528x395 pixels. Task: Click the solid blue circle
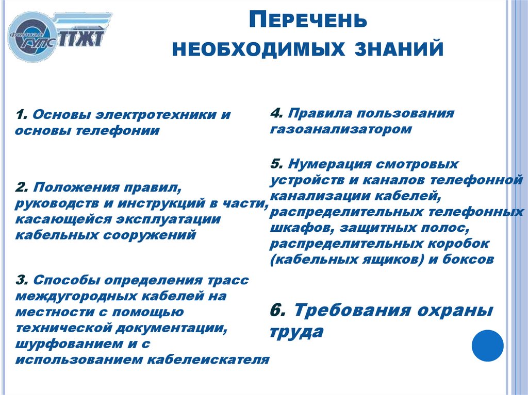pyautogui.click(x=488, y=345)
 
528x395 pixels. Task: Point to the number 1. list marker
pyautogui.click(x=20, y=114)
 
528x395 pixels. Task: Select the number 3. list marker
pyautogui.click(x=21, y=280)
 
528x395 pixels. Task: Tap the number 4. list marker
pyautogui.click(x=275, y=113)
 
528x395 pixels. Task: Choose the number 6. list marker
pyautogui.click(x=277, y=311)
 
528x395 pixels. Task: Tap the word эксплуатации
pyautogui.click(x=150, y=219)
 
